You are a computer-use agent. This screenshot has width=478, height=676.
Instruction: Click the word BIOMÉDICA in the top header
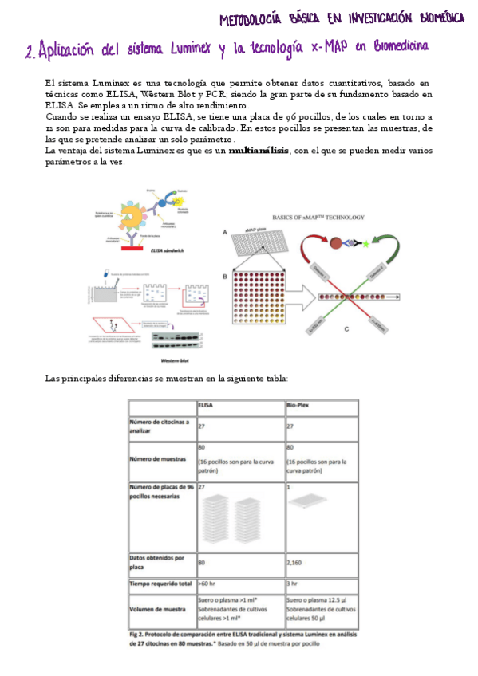coord(432,18)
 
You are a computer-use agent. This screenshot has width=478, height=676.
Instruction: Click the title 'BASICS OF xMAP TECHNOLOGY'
coord(318,217)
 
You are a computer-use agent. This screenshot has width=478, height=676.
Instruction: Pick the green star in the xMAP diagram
coord(365,242)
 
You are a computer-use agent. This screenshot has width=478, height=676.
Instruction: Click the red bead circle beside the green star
coord(336,242)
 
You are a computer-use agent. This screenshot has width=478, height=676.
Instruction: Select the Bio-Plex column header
coord(298,405)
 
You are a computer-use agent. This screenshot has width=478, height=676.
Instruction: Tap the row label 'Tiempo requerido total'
coord(160,583)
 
